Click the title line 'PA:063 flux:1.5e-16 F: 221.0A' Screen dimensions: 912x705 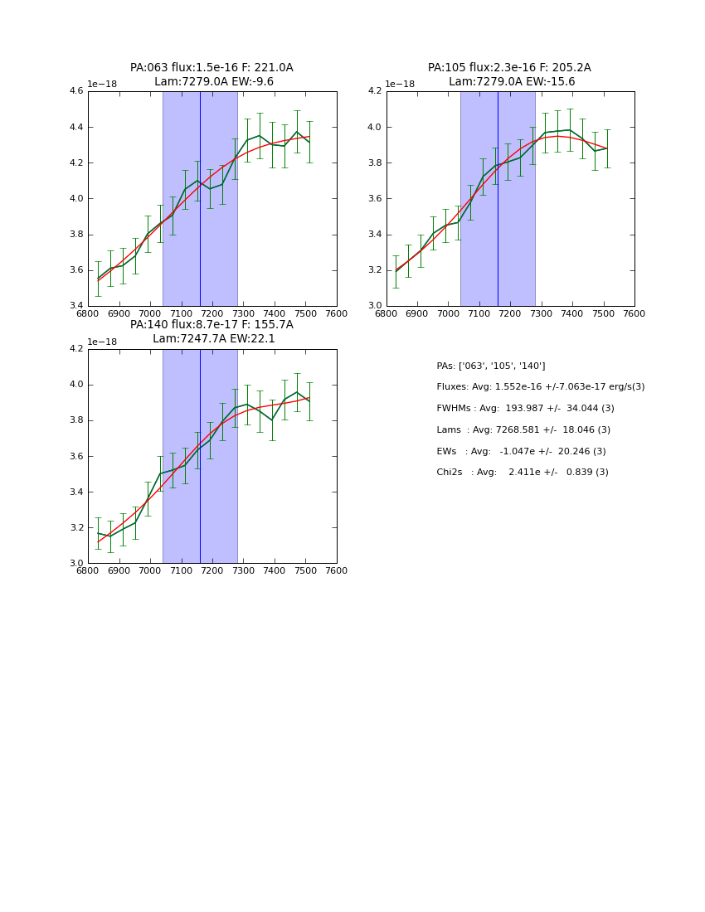pyautogui.click(x=211, y=68)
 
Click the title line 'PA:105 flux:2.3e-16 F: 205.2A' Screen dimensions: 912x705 pyautogui.click(x=509, y=68)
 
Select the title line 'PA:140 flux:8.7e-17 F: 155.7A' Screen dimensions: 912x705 pyautogui.click(x=211, y=325)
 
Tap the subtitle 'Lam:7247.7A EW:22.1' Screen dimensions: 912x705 pyautogui.click(x=213, y=339)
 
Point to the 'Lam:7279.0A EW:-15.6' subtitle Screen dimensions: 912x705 pyautogui.click(x=512, y=82)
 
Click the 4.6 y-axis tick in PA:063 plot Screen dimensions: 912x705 pyautogui.click(x=75, y=91)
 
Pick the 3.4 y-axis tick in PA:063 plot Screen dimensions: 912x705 pyautogui.click(x=75, y=306)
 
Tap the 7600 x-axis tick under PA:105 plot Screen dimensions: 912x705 pyautogui.click(x=634, y=314)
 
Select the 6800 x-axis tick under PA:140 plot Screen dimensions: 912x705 pyautogui.click(x=88, y=571)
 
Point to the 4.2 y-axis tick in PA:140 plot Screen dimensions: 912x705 pyautogui.click(x=75, y=349)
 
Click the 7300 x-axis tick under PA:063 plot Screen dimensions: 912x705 pyautogui.click(x=243, y=314)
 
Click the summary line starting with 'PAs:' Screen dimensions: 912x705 pyautogui.click(x=491, y=366)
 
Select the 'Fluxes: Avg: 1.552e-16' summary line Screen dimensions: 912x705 pyautogui.click(x=540, y=387)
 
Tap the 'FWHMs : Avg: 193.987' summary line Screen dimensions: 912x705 pyautogui.click(x=525, y=409)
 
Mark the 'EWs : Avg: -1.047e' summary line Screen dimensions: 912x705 pyautogui.click(x=521, y=452)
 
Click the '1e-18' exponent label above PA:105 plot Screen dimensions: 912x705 pyautogui.click(x=401, y=85)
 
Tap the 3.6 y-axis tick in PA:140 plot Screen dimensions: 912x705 pyautogui.click(x=75, y=456)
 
